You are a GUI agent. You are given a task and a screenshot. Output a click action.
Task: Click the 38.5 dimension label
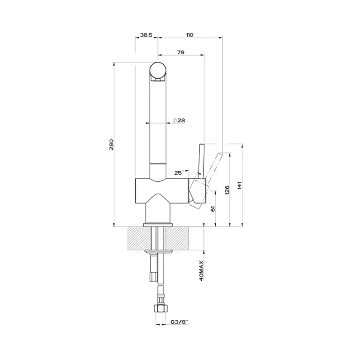coord(146,35)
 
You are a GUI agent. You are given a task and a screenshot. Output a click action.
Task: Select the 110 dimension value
coord(190,35)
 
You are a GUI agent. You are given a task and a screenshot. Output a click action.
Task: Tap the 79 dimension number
coord(181,52)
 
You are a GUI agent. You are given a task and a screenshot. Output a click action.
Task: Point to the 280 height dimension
coord(111,144)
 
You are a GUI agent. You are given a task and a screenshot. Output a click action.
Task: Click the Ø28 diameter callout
coord(179,120)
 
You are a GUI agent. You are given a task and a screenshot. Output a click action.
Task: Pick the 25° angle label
coord(179,173)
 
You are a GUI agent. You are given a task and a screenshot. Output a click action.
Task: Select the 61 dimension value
coord(213,209)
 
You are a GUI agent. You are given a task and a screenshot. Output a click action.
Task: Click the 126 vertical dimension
coord(227,190)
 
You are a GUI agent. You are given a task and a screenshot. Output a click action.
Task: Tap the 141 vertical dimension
coord(240,185)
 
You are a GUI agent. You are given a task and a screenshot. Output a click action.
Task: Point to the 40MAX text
coord(201,271)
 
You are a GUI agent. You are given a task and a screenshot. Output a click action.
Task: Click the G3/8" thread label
coord(179,322)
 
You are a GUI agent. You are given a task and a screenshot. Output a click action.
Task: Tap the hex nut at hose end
coord(161,308)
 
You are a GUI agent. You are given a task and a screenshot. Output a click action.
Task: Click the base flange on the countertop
coord(158,225)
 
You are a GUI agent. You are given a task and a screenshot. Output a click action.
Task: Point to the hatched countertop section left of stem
coord(139,238)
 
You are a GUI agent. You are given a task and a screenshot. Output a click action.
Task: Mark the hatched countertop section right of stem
coord(177,238)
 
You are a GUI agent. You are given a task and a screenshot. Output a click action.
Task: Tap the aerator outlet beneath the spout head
coord(158,80)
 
